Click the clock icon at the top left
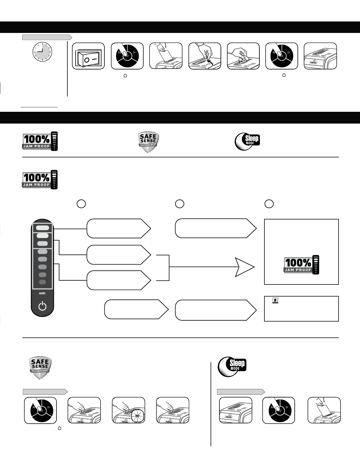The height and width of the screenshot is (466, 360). [42, 52]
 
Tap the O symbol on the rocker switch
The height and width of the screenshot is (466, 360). [87, 60]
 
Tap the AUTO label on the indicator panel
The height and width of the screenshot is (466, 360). [42, 294]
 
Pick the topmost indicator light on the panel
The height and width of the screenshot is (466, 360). [43, 228]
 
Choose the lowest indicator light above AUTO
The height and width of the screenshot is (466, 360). [43, 282]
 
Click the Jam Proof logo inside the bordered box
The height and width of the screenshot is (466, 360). [301, 264]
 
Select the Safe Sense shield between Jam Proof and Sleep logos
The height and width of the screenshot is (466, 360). [149, 142]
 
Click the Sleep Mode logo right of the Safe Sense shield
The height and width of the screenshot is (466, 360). [247, 141]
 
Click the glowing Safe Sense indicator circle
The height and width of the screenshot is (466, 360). [137, 416]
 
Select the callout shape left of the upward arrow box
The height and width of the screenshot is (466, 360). [216, 310]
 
